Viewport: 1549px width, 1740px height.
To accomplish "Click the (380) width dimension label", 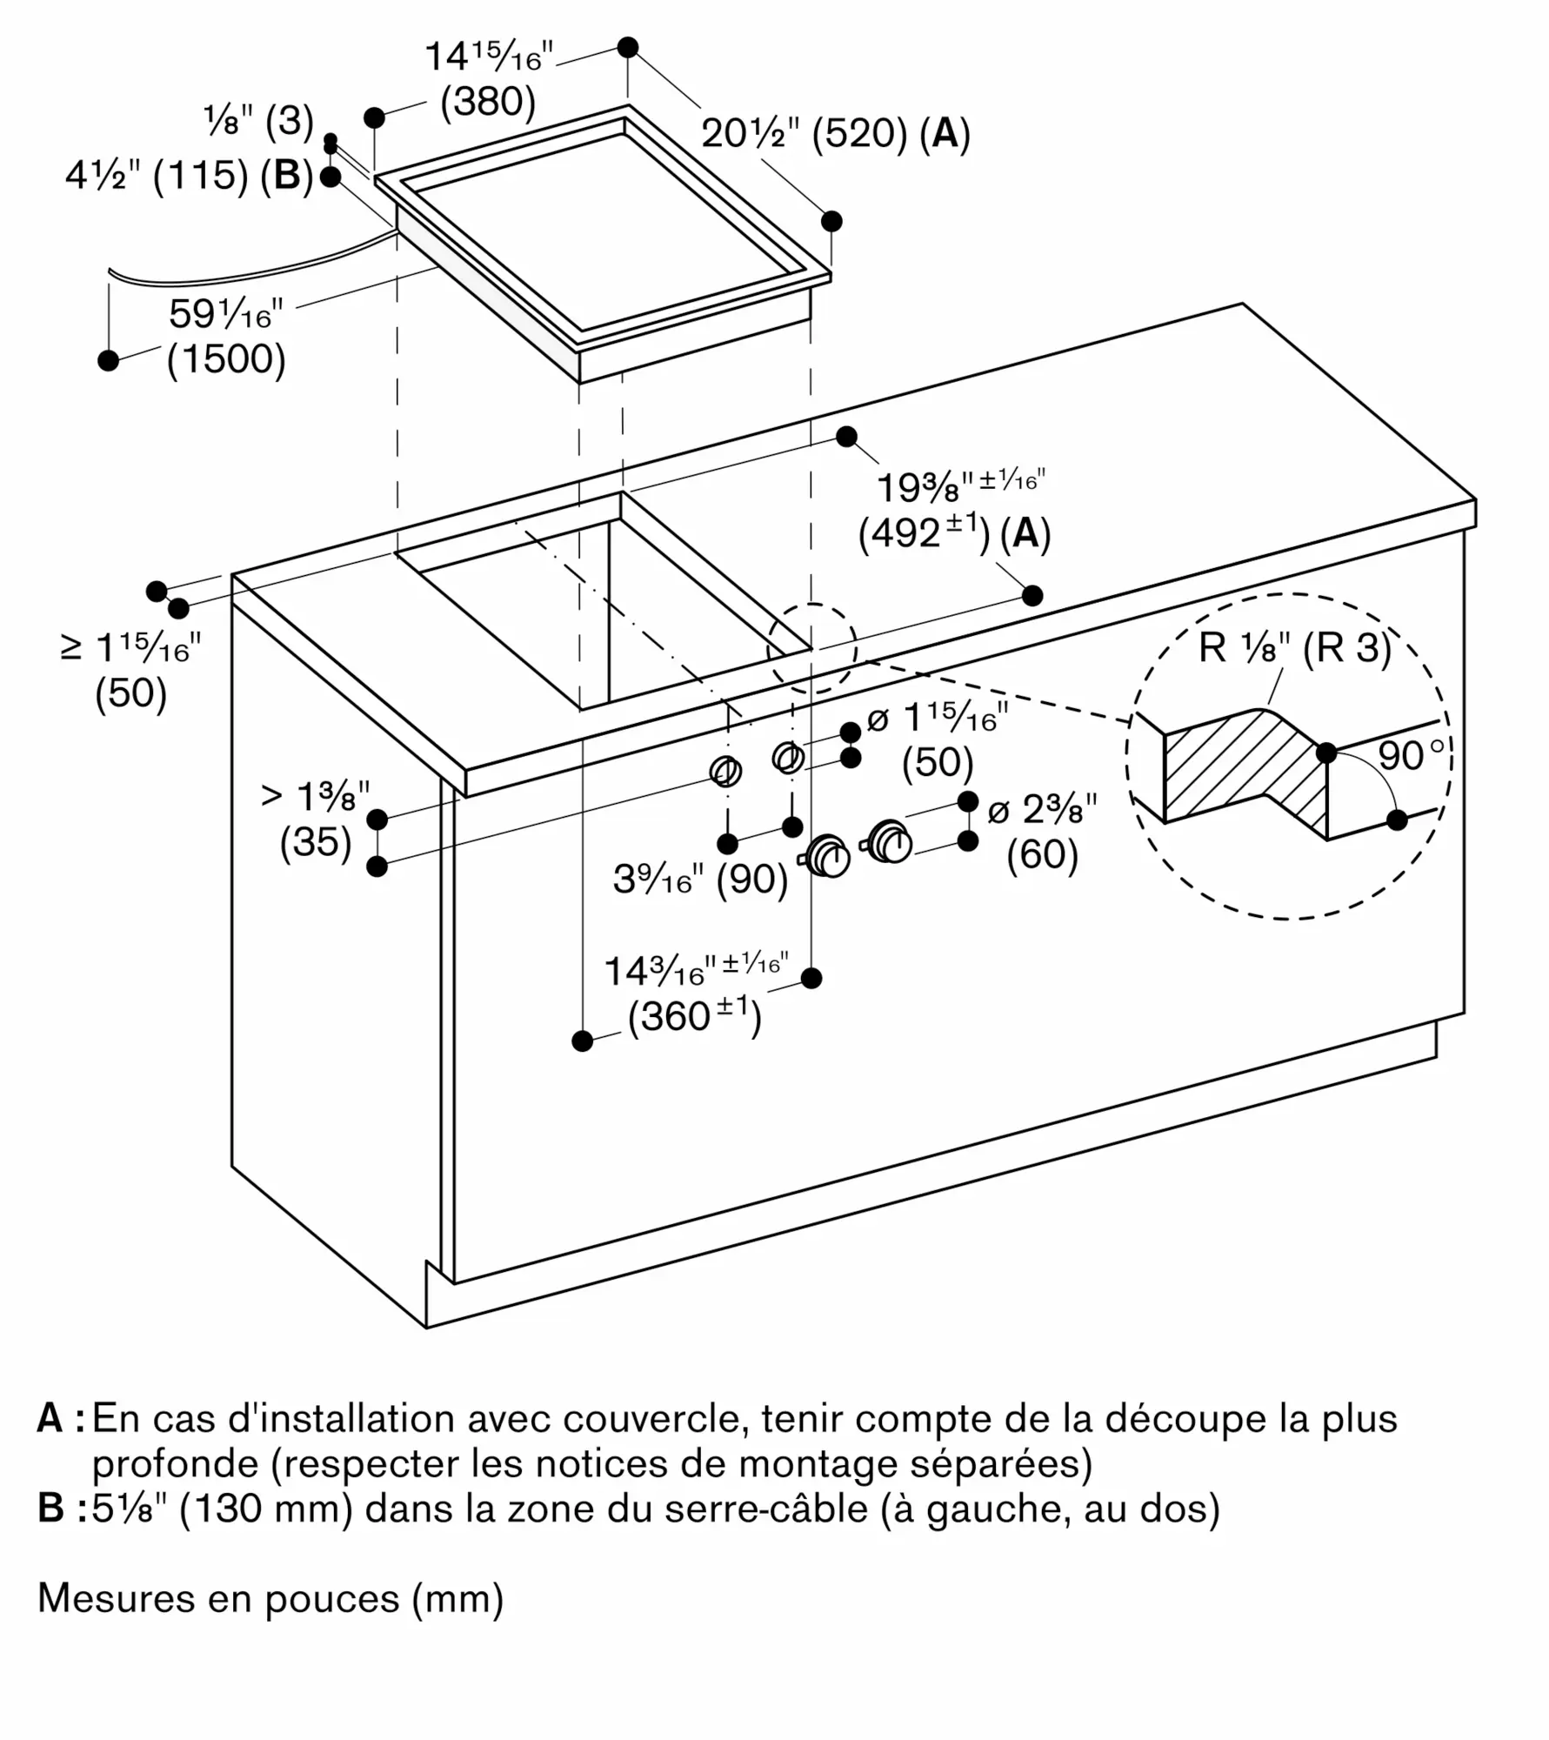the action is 488,103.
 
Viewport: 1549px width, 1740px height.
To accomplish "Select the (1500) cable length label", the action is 226,358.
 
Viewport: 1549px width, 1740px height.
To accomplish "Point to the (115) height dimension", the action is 200,177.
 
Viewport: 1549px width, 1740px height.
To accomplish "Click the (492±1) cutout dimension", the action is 925,532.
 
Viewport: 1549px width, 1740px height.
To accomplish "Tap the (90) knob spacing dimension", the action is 752,880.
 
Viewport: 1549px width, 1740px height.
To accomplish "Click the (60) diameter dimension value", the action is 1043,854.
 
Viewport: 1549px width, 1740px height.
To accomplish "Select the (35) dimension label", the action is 316,842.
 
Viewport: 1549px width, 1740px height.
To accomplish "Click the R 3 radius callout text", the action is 1347,648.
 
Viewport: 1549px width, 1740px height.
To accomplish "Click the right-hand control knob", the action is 889,841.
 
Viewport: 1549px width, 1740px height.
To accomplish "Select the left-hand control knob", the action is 827,857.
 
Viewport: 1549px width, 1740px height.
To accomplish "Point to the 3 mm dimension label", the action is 290,122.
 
